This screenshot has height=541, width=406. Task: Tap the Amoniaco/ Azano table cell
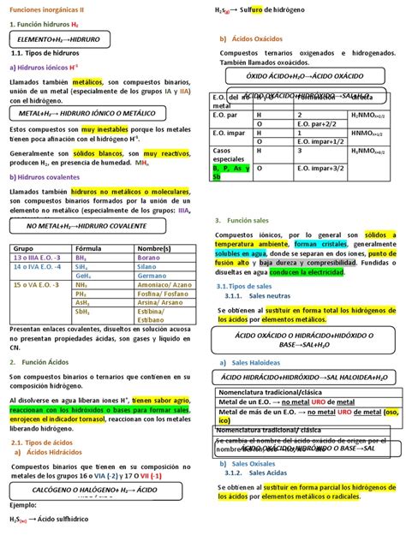click(x=164, y=285)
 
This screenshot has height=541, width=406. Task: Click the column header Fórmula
click(x=89, y=247)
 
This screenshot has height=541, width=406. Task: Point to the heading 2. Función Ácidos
click(x=42, y=362)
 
